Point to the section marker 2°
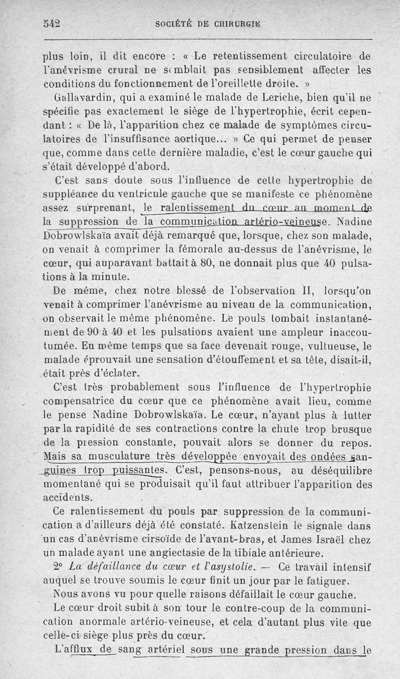pyautogui.click(x=59, y=567)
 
